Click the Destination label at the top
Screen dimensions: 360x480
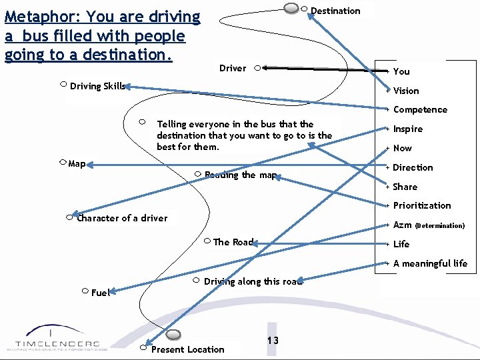[335, 11]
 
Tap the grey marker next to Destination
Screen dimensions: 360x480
[291, 8]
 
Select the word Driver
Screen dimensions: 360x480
[233, 68]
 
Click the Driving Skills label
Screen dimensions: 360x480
[97, 86]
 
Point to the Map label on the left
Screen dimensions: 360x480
[77, 163]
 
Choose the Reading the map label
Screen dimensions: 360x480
[241, 175]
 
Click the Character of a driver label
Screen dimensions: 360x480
[123, 218]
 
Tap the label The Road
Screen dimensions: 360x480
[233, 242]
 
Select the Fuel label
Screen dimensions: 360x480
[100, 293]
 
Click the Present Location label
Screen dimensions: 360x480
[188, 349]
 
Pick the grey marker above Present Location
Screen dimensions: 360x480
[173, 334]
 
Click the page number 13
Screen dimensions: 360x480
[273, 341]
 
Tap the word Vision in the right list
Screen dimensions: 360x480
[406, 91]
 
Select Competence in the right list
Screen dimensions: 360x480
[420, 110]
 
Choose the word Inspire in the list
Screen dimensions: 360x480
[407, 129]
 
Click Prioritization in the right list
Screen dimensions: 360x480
[422, 205]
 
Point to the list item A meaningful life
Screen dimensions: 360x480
[430, 263]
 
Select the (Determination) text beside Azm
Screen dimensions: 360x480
[440, 225]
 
